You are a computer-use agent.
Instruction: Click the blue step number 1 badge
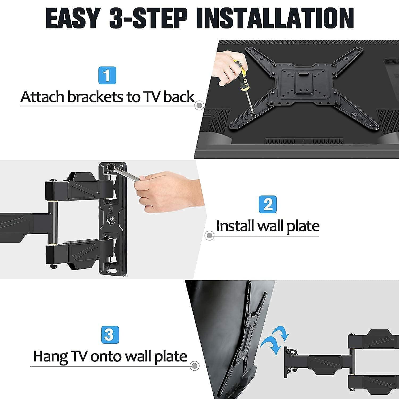click(x=107, y=75)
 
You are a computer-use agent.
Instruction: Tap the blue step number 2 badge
click(x=268, y=204)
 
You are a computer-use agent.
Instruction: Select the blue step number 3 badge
click(x=110, y=334)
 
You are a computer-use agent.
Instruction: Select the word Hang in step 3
click(x=49, y=356)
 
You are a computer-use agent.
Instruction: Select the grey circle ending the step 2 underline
click(x=209, y=235)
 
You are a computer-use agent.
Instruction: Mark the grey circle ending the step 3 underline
click(x=195, y=365)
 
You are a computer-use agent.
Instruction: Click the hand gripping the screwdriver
click(x=226, y=69)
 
